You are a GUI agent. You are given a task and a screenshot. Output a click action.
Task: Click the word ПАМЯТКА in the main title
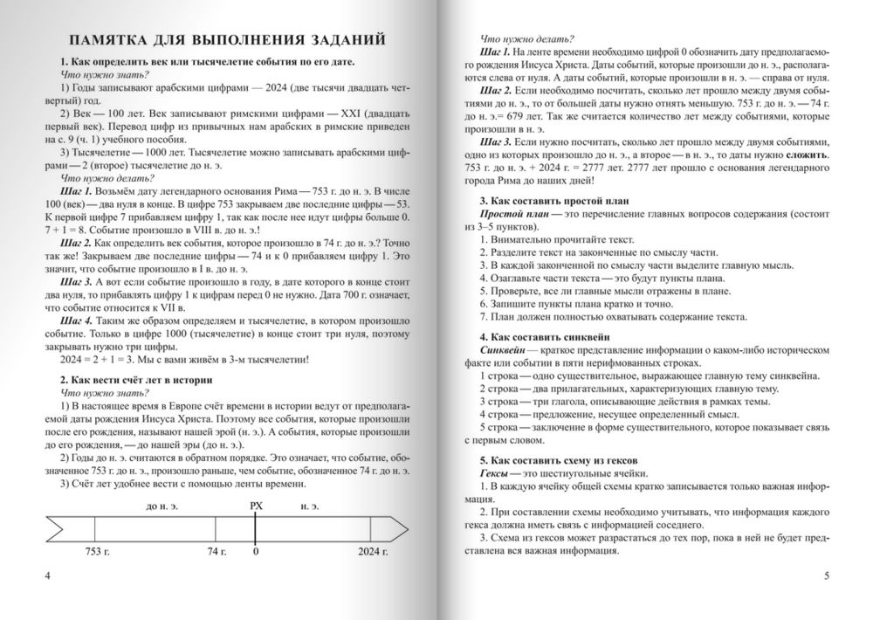[x=114, y=41]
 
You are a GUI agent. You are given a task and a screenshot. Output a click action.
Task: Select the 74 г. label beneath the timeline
[x=217, y=552]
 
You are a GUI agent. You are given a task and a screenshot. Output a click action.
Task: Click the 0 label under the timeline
[x=255, y=552]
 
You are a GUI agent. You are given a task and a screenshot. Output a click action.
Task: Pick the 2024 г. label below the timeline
[x=373, y=552]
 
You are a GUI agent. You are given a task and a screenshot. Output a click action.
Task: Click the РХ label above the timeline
[x=255, y=504]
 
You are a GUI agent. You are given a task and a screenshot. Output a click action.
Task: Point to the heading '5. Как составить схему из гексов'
[x=560, y=459]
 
